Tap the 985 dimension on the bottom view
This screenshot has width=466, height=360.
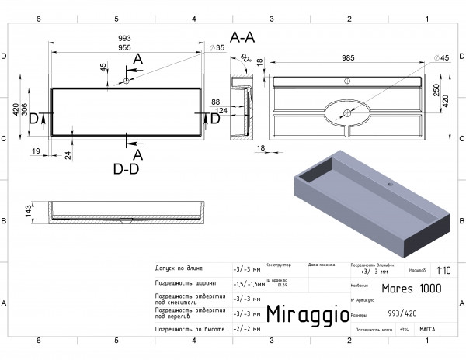[348, 57]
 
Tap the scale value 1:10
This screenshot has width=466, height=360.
[443, 271]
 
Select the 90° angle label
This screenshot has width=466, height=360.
[245, 58]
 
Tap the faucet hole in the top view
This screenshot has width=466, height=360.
[127, 81]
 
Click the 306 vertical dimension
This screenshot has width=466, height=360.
[25, 112]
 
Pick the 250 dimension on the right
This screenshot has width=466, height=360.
[436, 92]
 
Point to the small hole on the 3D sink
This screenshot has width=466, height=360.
[391, 185]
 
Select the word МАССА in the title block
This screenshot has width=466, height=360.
[426, 330]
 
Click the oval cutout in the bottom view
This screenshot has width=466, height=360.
[346, 112]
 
